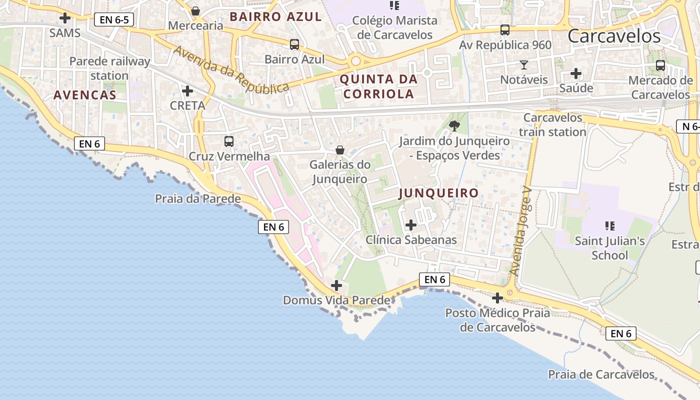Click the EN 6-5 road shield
[x=114, y=20]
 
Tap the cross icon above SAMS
[x=65, y=18]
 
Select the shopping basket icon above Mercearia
[x=195, y=10]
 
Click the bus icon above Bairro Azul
[x=294, y=44]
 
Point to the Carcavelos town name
[x=614, y=36]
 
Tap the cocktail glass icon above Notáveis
[x=523, y=65]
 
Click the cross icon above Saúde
[x=576, y=74]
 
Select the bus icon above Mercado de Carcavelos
[x=660, y=65]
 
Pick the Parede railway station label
[x=109, y=68]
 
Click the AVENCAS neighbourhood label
[x=85, y=95]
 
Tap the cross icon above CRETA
[x=187, y=91]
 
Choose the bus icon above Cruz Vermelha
[x=229, y=141]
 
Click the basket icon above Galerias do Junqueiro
[x=340, y=150]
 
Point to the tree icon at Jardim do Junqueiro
[x=454, y=126]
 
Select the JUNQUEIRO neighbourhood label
[x=438, y=193]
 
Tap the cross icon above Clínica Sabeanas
[x=411, y=225]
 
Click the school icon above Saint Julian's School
[x=609, y=226]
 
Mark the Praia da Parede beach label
[x=198, y=199]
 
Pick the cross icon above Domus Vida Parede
[x=336, y=285]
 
